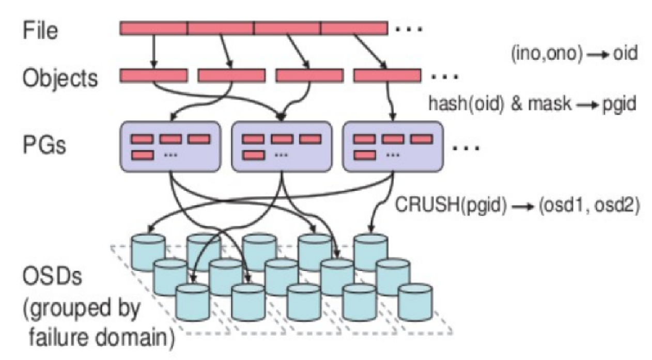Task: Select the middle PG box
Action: (x=281, y=146)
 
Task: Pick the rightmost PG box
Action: (x=393, y=146)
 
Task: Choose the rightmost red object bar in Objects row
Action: (x=388, y=76)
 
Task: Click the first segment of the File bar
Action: (x=153, y=28)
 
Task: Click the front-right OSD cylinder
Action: (x=415, y=296)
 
